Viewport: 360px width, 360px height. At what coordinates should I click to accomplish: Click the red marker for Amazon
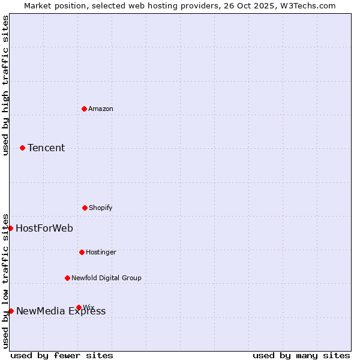[x=84, y=109]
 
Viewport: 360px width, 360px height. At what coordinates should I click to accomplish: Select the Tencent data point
[x=22, y=148]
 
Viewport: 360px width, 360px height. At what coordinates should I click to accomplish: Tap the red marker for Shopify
[x=85, y=208]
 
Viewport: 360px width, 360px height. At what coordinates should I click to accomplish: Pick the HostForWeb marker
[x=10, y=228]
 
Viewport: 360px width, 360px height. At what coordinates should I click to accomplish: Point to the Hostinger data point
[x=82, y=252]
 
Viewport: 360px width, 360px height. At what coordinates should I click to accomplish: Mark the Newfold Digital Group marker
[x=67, y=278]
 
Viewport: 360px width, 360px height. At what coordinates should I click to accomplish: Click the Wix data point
[x=79, y=307]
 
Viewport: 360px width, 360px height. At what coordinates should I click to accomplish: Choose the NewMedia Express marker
[x=11, y=311]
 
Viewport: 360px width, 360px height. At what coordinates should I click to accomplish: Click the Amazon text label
[x=101, y=109]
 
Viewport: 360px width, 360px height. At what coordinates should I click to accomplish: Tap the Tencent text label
[x=46, y=148]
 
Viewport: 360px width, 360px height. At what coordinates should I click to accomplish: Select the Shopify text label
[x=101, y=208]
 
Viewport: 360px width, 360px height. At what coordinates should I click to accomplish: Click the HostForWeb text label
[x=44, y=228]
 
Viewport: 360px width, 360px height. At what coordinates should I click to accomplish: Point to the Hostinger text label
[x=101, y=252]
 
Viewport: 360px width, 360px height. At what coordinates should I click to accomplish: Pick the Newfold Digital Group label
[x=106, y=278]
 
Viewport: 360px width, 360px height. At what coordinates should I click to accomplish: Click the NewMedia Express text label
[x=61, y=311]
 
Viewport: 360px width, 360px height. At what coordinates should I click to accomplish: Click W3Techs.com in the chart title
[x=306, y=5]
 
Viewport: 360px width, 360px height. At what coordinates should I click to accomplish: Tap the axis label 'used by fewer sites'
[x=62, y=355]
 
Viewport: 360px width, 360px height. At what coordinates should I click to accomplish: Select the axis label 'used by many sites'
[x=301, y=355]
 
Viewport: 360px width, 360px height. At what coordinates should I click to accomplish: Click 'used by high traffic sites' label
[x=5, y=85]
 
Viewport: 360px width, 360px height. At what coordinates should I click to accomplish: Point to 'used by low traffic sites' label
[x=5, y=281]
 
